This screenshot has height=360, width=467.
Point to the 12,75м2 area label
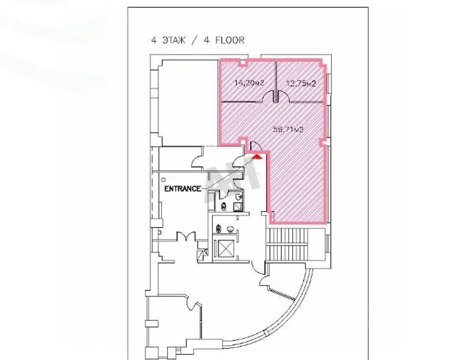[300, 84]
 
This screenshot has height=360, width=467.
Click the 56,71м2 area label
[289, 130]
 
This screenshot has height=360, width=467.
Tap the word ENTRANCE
[182, 189]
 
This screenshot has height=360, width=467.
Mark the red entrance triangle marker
[257, 157]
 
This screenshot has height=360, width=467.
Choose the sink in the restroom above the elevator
[230, 228]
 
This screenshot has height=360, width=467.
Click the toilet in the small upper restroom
[223, 206]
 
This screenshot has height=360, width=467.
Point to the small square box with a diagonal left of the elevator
[200, 255]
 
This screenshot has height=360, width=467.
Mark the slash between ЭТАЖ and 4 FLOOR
[196, 41]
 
